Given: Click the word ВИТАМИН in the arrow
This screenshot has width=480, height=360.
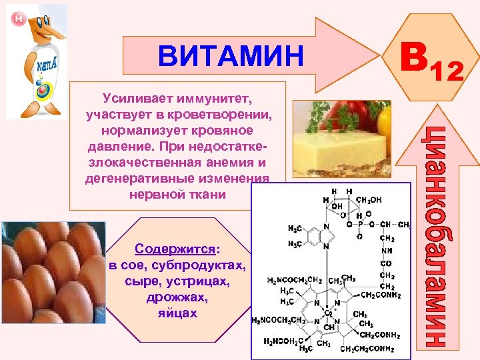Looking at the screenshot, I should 230,56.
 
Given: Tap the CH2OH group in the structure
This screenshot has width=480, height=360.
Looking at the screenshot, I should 371,199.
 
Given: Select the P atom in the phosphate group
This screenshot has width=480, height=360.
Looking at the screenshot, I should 360,225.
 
